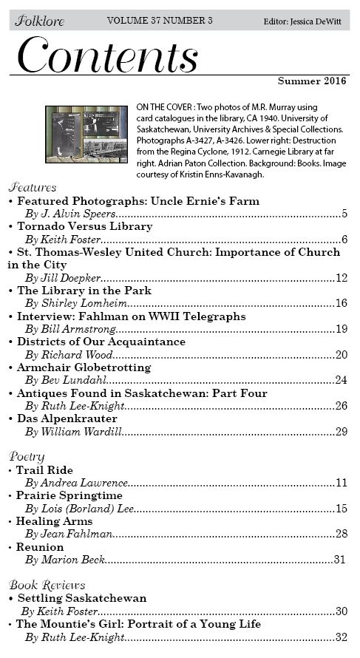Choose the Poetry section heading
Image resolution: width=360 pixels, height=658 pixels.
click(x=27, y=456)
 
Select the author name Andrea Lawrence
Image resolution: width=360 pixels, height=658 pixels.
click(x=77, y=483)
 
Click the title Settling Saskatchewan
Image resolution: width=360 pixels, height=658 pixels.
click(x=81, y=598)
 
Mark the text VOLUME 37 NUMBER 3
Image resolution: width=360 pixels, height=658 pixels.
click(x=160, y=21)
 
